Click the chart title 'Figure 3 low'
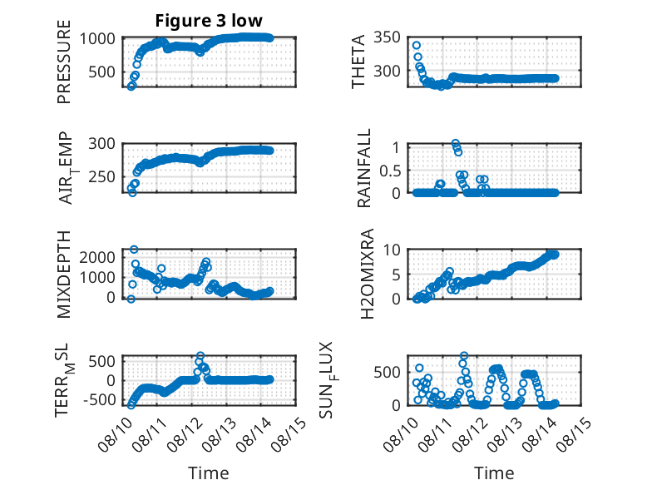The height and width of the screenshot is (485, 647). [x=209, y=20]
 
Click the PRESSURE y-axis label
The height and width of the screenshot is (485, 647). [x=64, y=62]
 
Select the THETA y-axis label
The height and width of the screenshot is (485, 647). [x=358, y=62]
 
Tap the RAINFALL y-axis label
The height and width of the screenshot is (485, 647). [x=364, y=168]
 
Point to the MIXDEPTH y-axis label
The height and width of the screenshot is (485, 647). [x=64, y=274]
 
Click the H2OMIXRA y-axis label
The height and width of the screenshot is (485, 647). [x=367, y=274]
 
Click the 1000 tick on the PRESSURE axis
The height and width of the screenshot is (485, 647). [x=97, y=39]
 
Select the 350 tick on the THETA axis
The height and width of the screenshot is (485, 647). [x=387, y=37]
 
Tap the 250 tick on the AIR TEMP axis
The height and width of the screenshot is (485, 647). [x=102, y=176]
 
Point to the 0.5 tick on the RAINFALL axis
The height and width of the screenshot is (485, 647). [x=390, y=170]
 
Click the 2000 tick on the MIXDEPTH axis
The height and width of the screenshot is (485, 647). [x=97, y=257]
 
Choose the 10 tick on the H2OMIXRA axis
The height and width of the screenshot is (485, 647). [x=392, y=250]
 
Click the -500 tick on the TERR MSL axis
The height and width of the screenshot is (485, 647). [x=99, y=399]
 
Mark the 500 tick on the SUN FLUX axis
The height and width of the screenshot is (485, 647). [x=387, y=372]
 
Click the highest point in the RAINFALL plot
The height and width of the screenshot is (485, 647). [x=455, y=144]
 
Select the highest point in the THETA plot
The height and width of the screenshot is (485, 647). [x=417, y=46]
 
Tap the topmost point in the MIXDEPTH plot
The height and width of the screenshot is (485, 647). [x=134, y=250]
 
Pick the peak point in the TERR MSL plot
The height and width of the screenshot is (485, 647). [x=200, y=355]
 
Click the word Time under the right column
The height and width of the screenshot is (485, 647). [x=494, y=473]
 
